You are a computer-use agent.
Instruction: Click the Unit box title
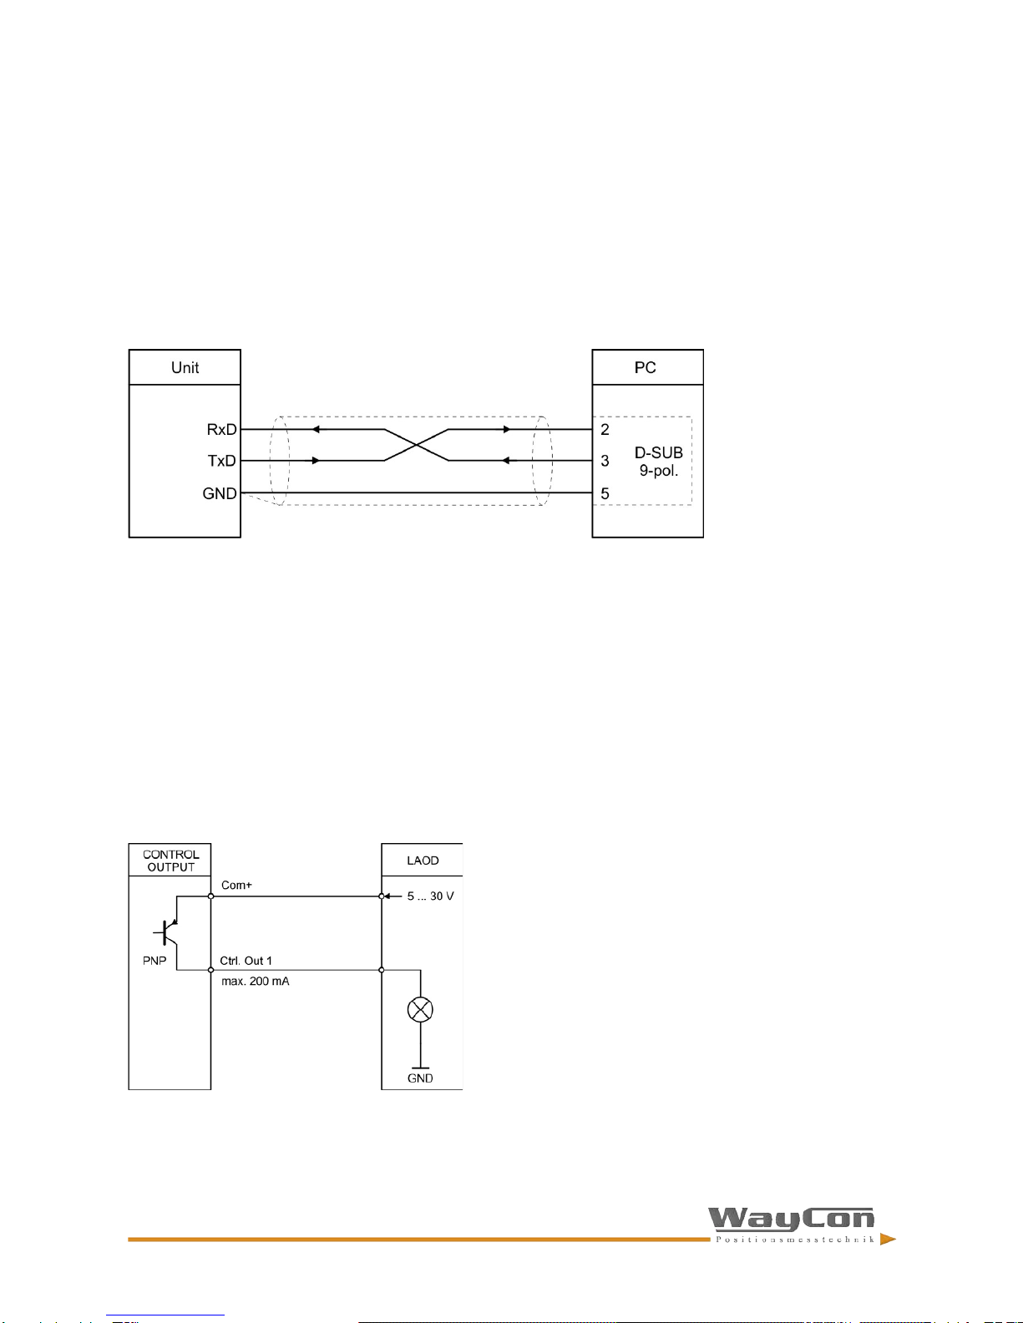(185, 367)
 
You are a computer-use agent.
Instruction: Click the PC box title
(645, 367)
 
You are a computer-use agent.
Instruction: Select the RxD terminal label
(221, 429)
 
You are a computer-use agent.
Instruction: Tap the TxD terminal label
(221, 461)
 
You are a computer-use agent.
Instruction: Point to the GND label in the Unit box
(220, 493)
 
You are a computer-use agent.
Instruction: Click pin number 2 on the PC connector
(605, 429)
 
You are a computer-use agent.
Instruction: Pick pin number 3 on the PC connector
(605, 461)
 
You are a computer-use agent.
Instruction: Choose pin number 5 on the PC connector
(605, 493)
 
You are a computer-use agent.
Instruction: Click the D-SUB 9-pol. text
(658, 461)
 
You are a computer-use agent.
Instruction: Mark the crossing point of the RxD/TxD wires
(416, 445)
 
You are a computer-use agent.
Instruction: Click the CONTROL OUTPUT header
(170, 861)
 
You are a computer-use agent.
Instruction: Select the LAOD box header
(423, 861)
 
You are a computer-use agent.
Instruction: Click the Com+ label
(236, 885)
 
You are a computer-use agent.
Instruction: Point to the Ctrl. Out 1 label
(246, 961)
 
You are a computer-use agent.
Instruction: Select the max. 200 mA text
(255, 982)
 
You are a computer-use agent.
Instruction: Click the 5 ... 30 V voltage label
(430, 896)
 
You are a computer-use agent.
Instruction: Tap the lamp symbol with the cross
(419, 1010)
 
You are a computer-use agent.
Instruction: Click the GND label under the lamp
(420, 1078)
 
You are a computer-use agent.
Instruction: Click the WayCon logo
(792, 1223)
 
